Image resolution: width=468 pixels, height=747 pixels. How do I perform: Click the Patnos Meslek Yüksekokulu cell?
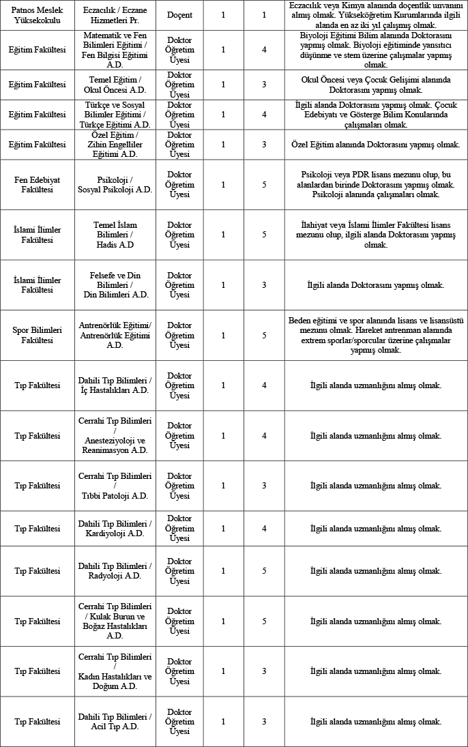37,15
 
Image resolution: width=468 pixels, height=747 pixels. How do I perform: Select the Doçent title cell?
179,15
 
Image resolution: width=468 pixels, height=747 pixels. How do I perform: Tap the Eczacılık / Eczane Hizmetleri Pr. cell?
115,15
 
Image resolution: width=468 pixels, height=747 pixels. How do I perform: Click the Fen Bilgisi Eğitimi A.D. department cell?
115,49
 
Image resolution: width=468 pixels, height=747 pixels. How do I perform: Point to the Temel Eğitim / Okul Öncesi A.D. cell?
115,85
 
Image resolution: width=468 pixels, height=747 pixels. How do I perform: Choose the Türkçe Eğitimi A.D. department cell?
115,115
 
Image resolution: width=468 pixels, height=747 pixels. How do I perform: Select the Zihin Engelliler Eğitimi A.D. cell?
115,145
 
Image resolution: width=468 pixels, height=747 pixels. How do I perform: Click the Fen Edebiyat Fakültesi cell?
37,185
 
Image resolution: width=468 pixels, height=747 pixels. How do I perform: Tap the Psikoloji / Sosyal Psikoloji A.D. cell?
115,185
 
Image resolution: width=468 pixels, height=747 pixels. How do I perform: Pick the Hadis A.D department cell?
115,235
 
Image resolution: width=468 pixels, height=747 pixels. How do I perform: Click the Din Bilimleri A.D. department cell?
115,285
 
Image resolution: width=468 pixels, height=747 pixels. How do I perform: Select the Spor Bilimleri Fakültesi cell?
37,335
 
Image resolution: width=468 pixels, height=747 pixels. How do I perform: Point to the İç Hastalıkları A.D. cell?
115,385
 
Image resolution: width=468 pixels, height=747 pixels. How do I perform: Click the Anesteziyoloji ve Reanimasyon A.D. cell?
115,436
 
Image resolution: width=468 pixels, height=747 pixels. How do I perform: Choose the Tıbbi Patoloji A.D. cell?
115,486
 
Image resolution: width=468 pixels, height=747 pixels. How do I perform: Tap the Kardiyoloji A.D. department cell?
115,529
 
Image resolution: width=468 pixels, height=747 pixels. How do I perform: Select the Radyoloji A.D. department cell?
115,571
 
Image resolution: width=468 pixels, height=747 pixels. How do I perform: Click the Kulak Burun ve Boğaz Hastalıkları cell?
115,621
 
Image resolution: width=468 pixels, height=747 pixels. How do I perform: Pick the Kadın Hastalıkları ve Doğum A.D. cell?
115,671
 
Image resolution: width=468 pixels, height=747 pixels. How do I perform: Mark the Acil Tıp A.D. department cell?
115,722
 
